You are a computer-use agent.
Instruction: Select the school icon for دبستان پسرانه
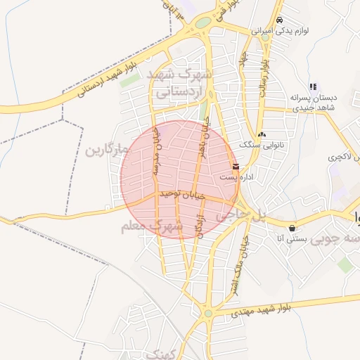point(313,86)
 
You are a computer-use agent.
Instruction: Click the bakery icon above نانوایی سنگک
point(262,134)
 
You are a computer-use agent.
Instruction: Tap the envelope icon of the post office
point(235,167)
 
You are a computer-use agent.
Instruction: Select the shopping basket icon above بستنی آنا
point(292,227)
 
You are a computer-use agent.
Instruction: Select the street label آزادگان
point(202,227)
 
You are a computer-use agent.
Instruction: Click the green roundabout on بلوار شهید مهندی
point(209,313)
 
